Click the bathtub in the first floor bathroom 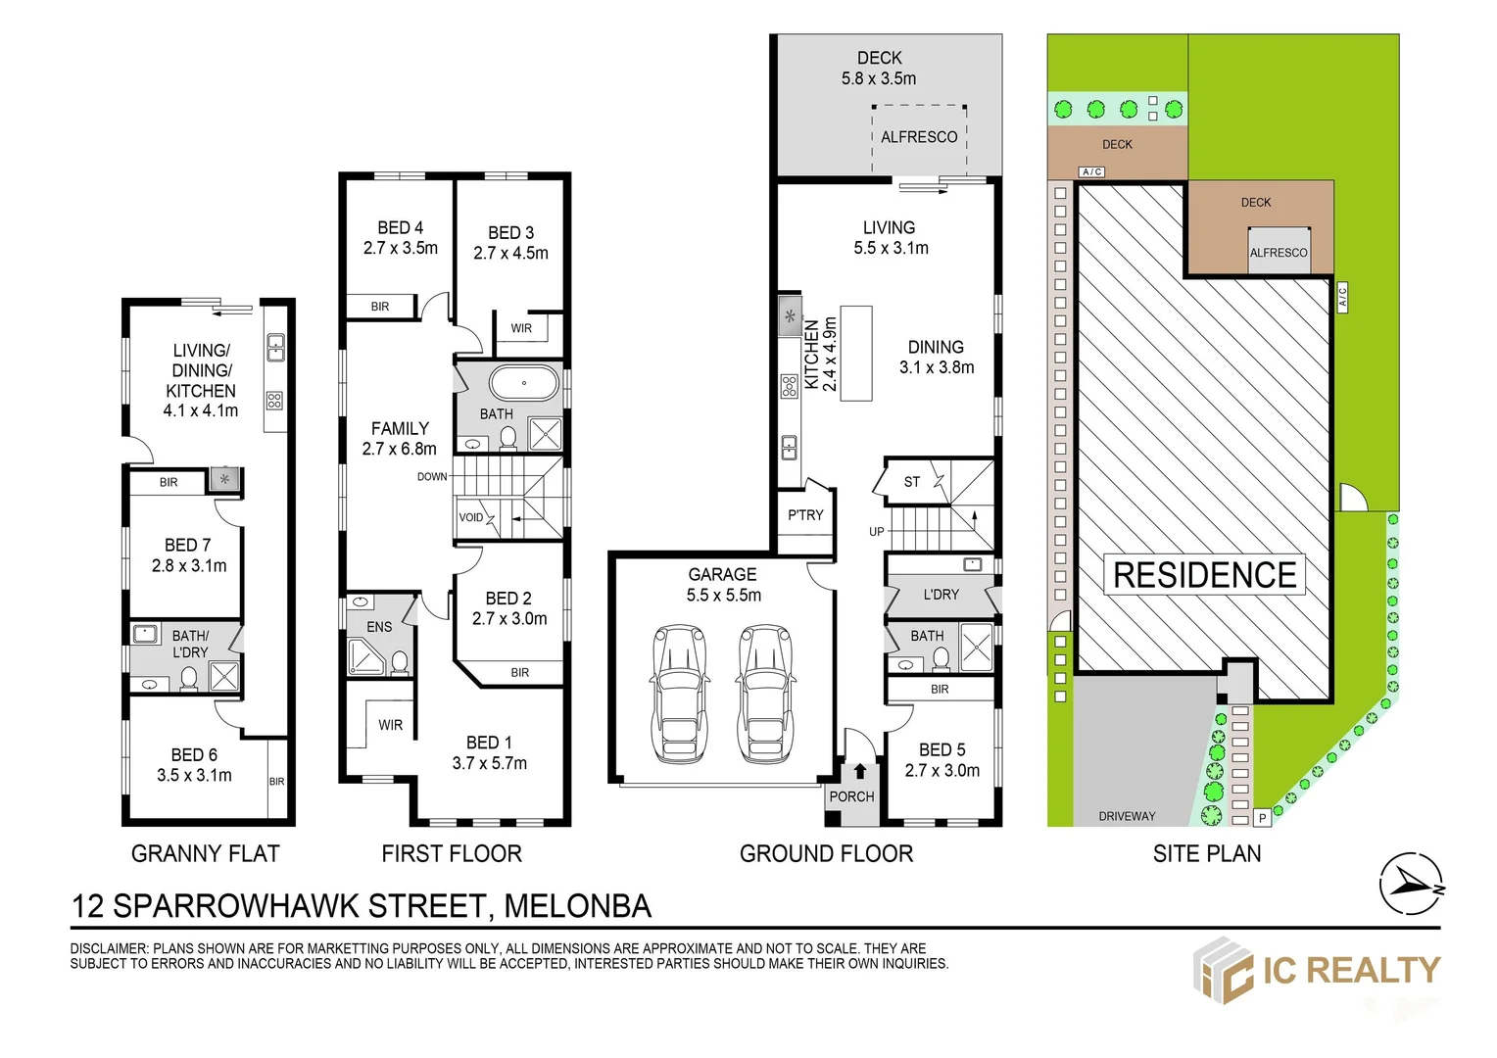524,384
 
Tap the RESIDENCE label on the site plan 1204,575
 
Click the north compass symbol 1411,885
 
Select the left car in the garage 679,693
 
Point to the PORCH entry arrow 860,771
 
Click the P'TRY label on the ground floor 805,515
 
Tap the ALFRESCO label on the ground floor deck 919,137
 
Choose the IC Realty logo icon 1223,971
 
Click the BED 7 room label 188,546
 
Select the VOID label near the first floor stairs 470,517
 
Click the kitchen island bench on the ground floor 856,353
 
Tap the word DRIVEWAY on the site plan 1127,816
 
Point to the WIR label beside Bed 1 390,725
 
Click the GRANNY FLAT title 205,853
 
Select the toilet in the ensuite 399,663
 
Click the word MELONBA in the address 577,906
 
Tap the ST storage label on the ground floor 911,482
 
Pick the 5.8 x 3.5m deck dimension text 879,79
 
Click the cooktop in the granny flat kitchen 274,401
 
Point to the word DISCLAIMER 109,948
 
